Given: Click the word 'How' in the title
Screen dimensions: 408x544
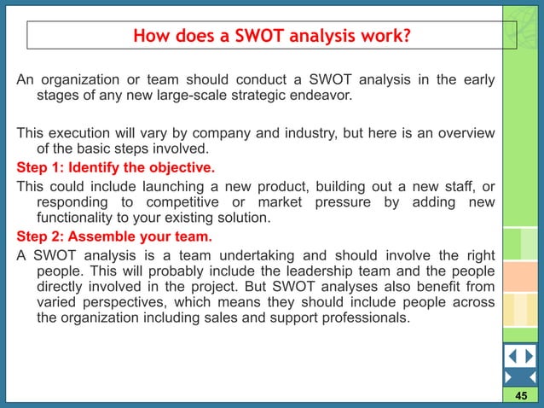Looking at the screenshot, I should (151, 36).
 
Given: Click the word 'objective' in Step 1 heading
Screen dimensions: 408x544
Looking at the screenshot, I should (180, 166).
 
